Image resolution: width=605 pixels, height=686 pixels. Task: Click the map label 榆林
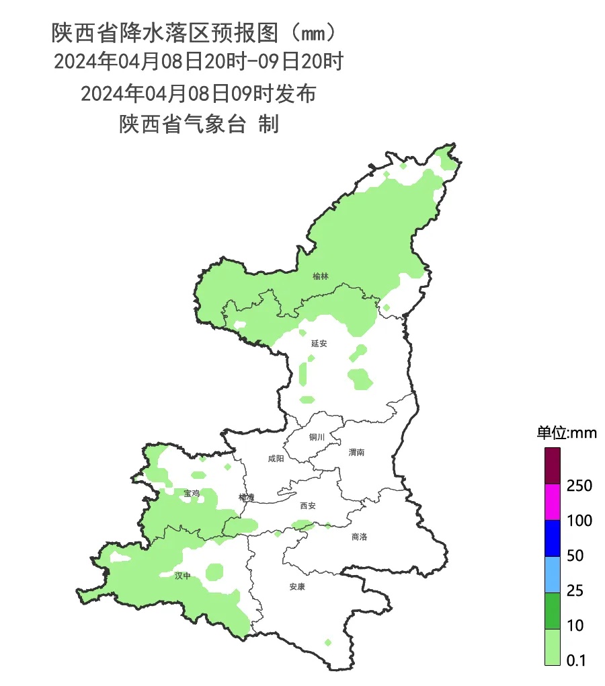pyautogui.click(x=321, y=276)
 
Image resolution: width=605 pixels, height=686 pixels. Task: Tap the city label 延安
pyautogui.click(x=319, y=343)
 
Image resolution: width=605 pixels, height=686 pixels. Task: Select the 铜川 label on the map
pyautogui.click(x=317, y=437)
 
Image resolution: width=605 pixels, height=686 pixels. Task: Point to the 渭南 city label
pyautogui.click(x=356, y=453)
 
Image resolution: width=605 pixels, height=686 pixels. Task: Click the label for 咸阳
pyautogui.click(x=276, y=459)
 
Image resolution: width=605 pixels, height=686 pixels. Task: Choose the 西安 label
pyautogui.click(x=307, y=506)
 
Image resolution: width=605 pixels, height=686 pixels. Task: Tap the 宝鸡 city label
pyautogui.click(x=192, y=493)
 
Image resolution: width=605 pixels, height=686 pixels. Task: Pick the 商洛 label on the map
pyautogui.click(x=360, y=537)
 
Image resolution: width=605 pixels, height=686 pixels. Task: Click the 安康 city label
pyautogui.click(x=297, y=586)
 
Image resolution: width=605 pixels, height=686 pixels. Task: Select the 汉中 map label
pyautogui.click(x=183, y=576)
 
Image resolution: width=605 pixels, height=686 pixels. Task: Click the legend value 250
pyautogui.click(x=579, y=486)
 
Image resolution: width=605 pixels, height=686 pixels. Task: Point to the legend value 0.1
pyautogui.click(x=576, y=661)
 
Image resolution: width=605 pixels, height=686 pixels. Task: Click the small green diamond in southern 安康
pyautogui.click(x=327, y=642)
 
